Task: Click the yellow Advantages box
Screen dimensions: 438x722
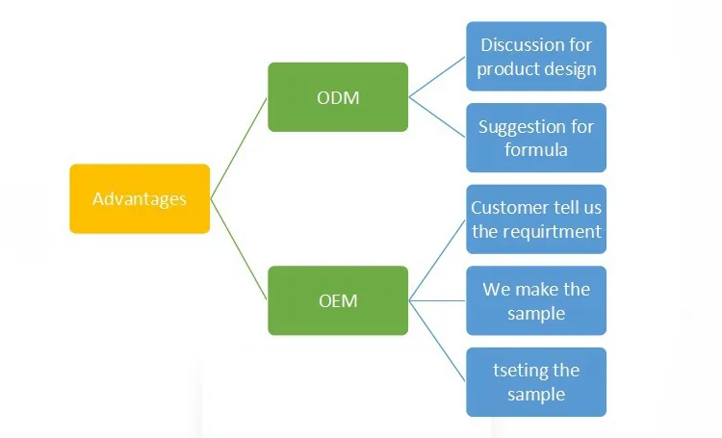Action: [x=140, y=199]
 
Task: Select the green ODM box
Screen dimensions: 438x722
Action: [x=337, y=97]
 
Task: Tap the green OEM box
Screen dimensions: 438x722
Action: [x=337, y=300]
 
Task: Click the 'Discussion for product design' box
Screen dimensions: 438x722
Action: [x=536, y=57]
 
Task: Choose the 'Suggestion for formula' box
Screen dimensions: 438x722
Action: [x=536, y=138]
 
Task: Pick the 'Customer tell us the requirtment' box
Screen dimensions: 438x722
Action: [x=536, y=219]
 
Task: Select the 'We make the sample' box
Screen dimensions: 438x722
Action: [x=536, y=300]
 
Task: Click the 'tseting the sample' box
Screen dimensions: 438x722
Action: [x=536, y=382]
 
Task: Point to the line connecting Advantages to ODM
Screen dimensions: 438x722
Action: [x=239, y=148]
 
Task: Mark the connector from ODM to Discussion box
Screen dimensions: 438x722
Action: [x=437, y=77]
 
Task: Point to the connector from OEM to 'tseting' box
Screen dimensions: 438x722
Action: [x=437, y=341]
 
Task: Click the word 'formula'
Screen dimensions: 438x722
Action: [x=536, y=150]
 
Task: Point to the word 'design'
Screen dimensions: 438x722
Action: [x=567, y=69]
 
